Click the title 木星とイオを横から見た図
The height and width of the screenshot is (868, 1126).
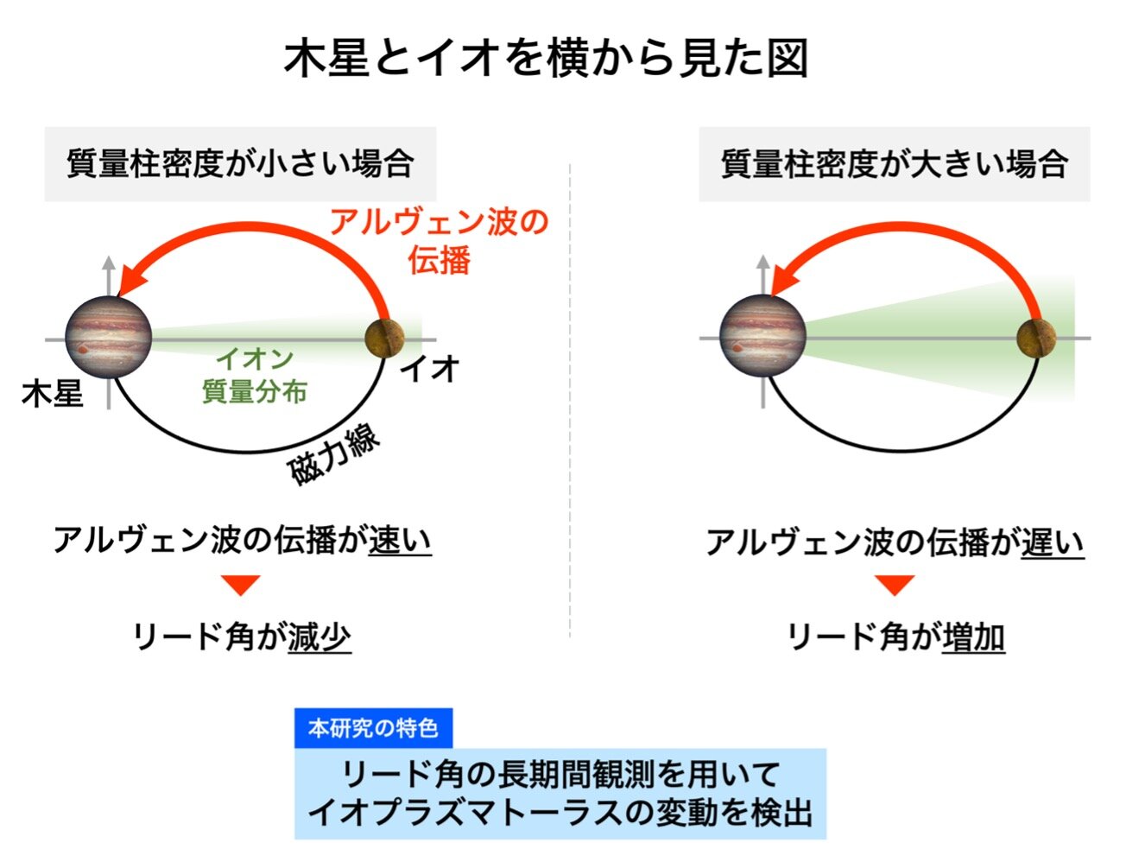(x=546, y=58)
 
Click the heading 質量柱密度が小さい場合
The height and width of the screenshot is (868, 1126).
(x=240, y=164)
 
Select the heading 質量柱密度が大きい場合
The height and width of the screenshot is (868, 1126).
(x=894, y=164)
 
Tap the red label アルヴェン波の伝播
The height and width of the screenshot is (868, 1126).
(x=440, y=240)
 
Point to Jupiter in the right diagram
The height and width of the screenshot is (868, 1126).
(x=762, y=337)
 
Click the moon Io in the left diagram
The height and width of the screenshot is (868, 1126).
(x=385, y=338)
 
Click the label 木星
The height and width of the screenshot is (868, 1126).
(x=53, y=394)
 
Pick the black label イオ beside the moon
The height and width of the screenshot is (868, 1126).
(x=429, y=370)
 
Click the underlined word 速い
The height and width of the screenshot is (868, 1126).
(x=400, y=541)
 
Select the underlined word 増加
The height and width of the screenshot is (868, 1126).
(x=973, y=637)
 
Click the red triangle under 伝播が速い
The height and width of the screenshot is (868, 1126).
(x=241, y=586)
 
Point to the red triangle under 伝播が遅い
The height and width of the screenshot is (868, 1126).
(x=895, y=586)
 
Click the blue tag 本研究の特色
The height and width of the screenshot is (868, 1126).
(x=373, y=728)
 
